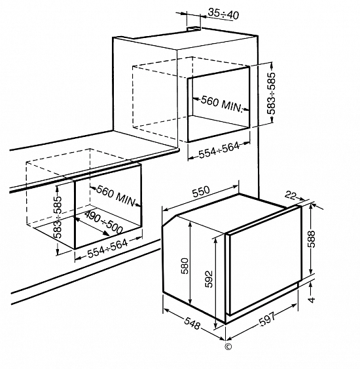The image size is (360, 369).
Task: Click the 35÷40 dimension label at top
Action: (x=223, y=14)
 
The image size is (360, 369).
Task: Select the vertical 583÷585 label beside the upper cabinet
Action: (x=271, y=94)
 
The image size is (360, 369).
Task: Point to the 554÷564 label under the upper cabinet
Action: (x=219, y=150)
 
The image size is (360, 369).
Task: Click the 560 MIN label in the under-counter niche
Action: (x=117, y=196)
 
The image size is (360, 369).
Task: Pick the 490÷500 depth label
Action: (x=103, y=222)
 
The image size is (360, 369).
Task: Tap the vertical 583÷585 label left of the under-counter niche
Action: (x=58, y=217)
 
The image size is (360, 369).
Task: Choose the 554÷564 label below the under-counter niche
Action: (x=108, y=248)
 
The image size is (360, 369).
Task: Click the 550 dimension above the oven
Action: (x=201, y=192)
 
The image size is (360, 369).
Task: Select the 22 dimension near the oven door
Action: (x=290, y=195)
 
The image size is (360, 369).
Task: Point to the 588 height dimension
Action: (x=312, y=239)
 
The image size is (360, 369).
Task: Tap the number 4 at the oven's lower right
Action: (x=312, y=300)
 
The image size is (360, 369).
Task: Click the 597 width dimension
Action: (x=267, y=319)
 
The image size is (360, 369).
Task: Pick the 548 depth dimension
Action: (x=192, y=323)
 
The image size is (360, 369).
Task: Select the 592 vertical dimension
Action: (x=209, y=279)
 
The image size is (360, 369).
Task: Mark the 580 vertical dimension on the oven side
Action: (x=185, y=266)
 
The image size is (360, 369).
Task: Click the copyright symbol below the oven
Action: (x=228, y=347)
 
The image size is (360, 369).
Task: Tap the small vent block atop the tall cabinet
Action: (x=194, y=29)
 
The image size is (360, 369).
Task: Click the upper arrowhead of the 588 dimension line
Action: (x=311, y=206)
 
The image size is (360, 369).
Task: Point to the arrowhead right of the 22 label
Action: (x=302, y=199)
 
